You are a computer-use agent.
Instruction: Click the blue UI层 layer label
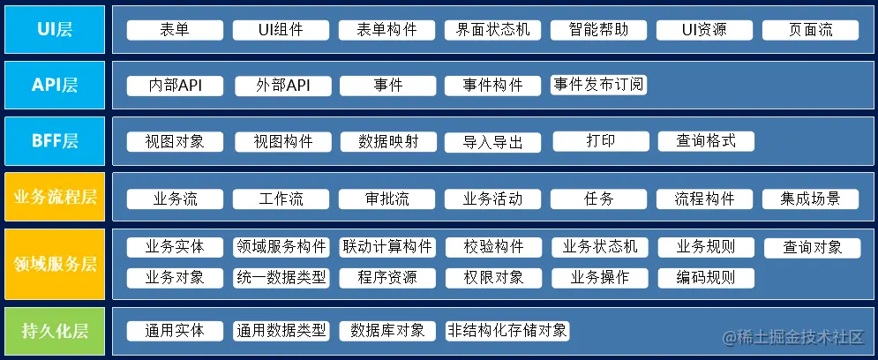pyautogui.click(x=55, y=29)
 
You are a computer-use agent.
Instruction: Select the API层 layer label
pyautogui.click(x=55, y=85)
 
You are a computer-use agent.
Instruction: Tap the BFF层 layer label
pyautogui.click(x=55, y=141)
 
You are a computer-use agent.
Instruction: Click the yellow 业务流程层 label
pyautogui.click(x=55, y=198)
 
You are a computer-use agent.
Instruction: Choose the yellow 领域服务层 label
pyautogui.click(x=55, y=263)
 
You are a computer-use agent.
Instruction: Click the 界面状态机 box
pyautogui.click(x=492, y=30)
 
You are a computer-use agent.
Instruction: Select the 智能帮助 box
pyautogui.click(x=598, y=30)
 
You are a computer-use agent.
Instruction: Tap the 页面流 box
pyautogui.click(x=810, y=30)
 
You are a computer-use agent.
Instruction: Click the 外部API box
pyautogui.click(x=281, y=86)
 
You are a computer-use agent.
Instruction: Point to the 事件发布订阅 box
pyautogui.click(x=599, y=85)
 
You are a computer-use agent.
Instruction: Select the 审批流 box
pyautogui.click(x=386, y=199)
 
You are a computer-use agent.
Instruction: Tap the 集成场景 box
pyautogui.click(x=810, y=199)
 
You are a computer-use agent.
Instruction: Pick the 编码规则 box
pyautogui.click(x=705, y=277)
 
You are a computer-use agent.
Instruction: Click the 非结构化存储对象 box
pyautogui.click(x=507, y=331)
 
